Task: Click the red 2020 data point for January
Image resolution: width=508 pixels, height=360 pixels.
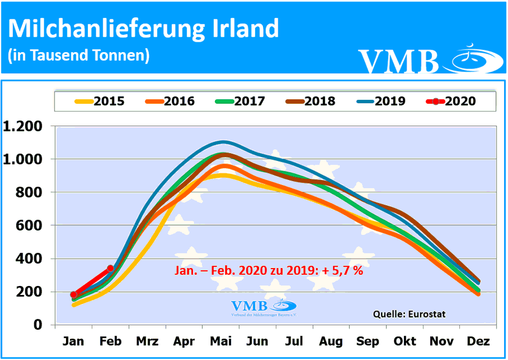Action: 74,294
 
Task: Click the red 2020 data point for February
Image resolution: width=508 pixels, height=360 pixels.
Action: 111,269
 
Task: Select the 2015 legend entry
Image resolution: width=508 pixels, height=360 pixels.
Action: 99,101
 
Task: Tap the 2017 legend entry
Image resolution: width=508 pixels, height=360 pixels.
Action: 240,101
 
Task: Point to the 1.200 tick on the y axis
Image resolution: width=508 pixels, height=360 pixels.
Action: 24,126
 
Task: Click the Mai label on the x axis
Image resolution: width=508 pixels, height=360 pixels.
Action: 221,342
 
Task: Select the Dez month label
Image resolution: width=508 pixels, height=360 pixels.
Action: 478,342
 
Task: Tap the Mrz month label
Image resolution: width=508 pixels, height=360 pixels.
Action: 147,342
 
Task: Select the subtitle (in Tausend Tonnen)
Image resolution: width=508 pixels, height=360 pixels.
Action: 79,55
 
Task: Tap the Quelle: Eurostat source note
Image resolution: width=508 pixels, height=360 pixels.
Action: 409,314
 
